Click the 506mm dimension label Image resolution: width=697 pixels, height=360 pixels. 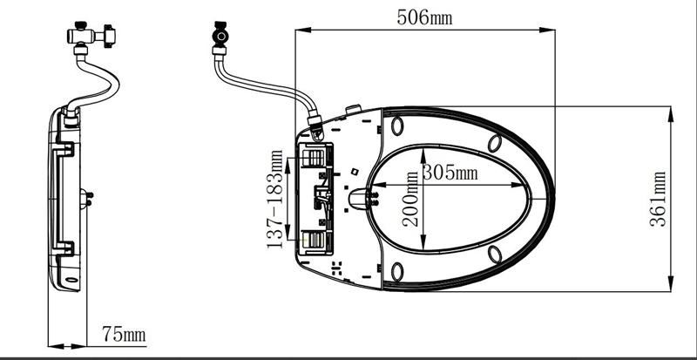pyautogui.click(x=424, y=17)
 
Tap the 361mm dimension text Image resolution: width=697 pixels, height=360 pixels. pyautogui.click(x=658, y=199)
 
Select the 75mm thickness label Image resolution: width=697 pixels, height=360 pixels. pyautogui.click(x=124, y=334)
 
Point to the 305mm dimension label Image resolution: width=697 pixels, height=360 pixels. pyautogui.click(x=450, y=173)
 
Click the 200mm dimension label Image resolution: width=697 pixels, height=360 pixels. pyautogui.click(x=411, y=199)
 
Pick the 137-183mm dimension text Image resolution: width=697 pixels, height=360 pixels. pyautogui.click(x=274, y=199)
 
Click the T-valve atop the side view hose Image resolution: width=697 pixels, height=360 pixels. pyautogui.click(x=91, y=35)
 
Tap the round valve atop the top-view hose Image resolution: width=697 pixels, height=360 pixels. pyautogui.click(x=220, y=35)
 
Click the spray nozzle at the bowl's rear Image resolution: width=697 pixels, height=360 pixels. pyautogui.click(x=359, y=199)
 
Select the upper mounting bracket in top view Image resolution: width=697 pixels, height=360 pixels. pyautogui.click(x=316, y=158)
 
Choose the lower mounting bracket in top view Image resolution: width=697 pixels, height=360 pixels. pyautogui.click(x=316, y=240)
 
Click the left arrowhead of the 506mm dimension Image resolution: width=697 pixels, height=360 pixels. pyautogui.click(x=303, y=30)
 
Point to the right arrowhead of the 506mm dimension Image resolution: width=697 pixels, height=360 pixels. pyautogui.click(x=547, y=30)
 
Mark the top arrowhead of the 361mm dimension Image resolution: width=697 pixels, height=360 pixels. pyautogui.click(x=671, y=114)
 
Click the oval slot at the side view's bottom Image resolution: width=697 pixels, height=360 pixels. pyautogui.click(x=71, y=280)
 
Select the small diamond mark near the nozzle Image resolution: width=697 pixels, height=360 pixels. pyautogui.click(x=355, y=172)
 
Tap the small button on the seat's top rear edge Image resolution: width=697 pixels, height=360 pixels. pyautogui.click(x=354, y=109)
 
